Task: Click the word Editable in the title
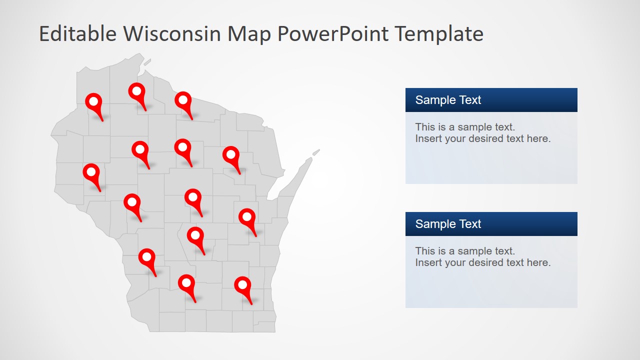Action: tap(77, 34)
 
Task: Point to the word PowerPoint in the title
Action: tap(332, 34)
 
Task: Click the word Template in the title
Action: tap(439, 34)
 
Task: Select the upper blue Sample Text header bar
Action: tap(491, 100)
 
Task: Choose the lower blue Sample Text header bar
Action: tap(491, 224)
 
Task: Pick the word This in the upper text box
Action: tap(424, 127)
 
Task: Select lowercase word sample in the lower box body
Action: tap(474, 251)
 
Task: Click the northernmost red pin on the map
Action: tap(136, 92)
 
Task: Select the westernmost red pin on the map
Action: tap(91, 172)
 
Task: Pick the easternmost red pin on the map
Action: tap(247, 217)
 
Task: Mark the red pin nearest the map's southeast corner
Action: tap(242, 285)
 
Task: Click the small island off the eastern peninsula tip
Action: tap(316, 152)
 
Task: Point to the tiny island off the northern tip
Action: tap(147, 62)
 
